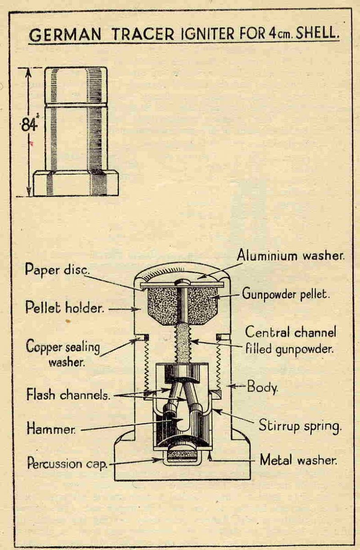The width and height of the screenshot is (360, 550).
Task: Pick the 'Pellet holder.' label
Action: coord(65,308)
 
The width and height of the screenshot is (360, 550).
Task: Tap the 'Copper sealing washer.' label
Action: coord(63,353)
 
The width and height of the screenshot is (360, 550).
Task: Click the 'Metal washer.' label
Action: coord(299,459)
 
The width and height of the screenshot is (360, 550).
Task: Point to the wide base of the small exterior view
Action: coord(76,182)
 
